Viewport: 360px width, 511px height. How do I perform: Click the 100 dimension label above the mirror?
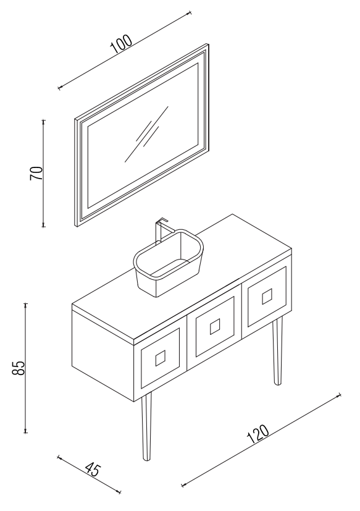click(121, 44)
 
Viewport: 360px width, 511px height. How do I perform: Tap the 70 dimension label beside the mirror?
click(36, 173)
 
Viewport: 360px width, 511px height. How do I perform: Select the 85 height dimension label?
click(19, 368)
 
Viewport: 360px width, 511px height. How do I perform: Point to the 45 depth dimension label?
click(93, 469)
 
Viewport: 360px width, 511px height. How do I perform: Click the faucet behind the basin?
click(161, 229)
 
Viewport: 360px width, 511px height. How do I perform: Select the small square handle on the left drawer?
click(161, 358)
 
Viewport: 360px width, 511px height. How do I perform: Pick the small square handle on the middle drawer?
click(215, 326)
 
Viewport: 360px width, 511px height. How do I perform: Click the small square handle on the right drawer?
click(267, 296)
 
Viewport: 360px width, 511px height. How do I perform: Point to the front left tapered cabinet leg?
click(146, 426)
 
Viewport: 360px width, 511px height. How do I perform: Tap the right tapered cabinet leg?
click(277, 350)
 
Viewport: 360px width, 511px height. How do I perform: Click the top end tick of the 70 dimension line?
click(44, 120)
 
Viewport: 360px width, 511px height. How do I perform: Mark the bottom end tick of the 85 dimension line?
click(26, 433)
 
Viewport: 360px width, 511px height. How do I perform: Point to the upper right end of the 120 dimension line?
click(340, 395)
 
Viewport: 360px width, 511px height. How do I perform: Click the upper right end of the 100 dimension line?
click(190, 13)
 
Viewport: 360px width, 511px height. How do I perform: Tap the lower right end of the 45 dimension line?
click(120, 492)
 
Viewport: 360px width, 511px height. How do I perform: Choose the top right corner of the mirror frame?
click(208, 44)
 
